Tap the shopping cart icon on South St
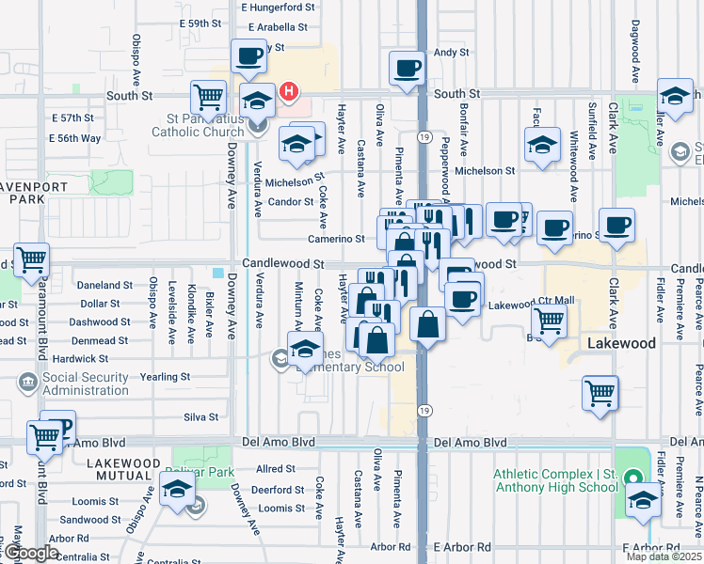(x=208, y=96)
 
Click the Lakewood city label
(x=621, y=344)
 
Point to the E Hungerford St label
(x=277, y=8)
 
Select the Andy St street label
(x=444, y=54)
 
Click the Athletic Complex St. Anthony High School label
(x=556, y=479)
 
